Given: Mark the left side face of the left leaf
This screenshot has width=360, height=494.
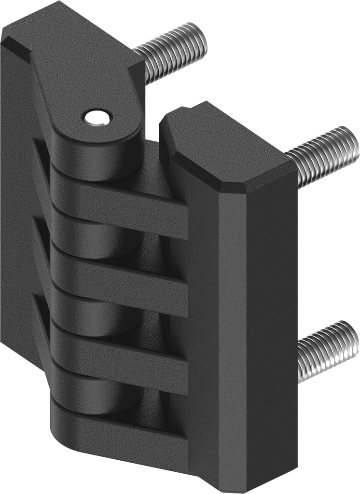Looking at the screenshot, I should tap(19, 193).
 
